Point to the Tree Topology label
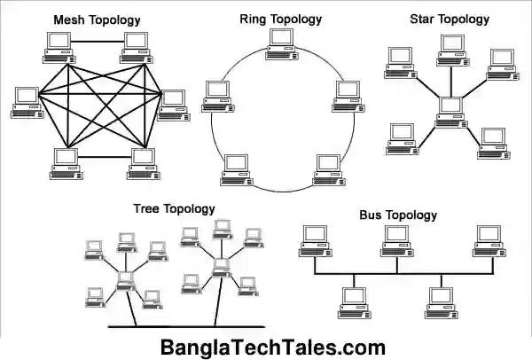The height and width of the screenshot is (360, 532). (x=174, y=209)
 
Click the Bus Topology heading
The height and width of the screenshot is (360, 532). (x=398, y=215)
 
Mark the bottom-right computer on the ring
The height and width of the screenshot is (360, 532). (x=328, y=168)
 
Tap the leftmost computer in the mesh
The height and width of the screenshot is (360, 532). (x=25, y=100)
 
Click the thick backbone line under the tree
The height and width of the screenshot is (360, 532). (x=177, y=328)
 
